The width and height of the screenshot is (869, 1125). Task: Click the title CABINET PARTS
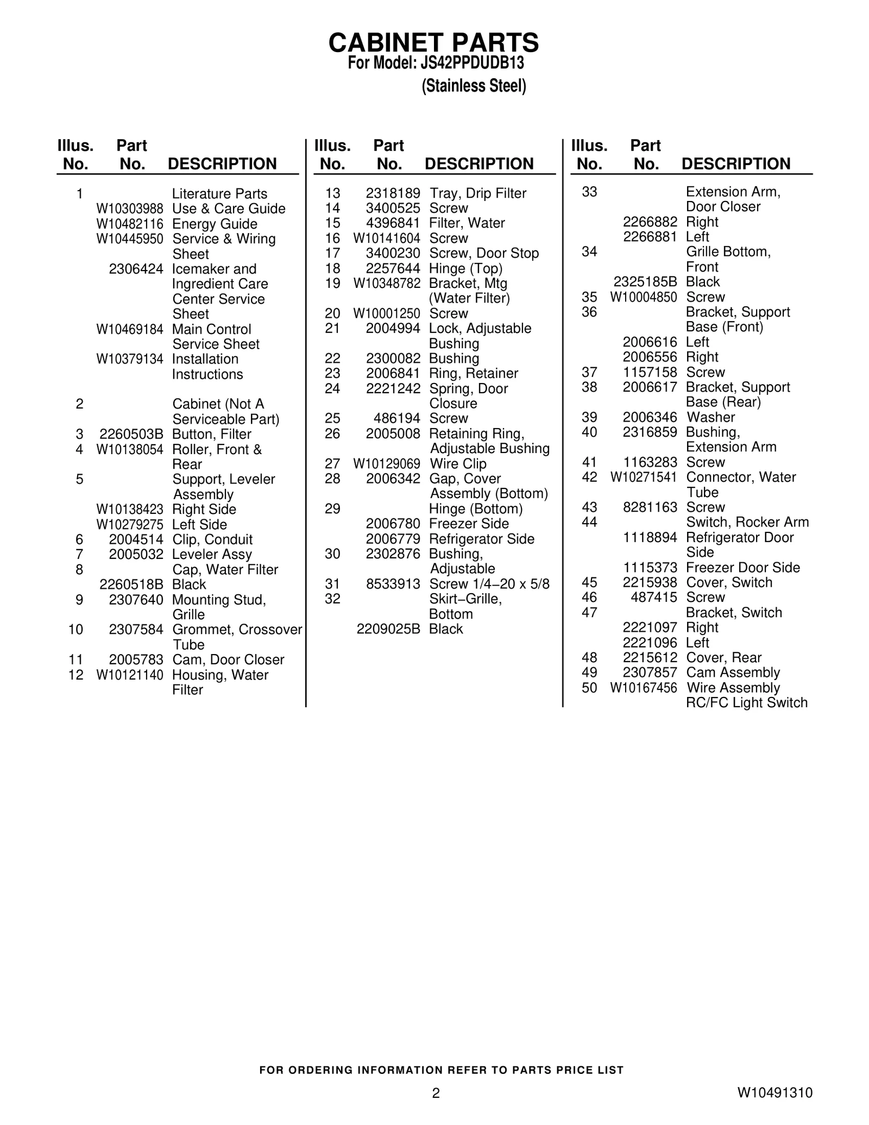tap(433, 42)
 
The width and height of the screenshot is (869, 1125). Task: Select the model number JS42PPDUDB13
tap(472, 64)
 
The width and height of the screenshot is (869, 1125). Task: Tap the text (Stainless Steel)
tap(474, 86)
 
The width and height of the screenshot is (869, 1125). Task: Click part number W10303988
tap(130, 209)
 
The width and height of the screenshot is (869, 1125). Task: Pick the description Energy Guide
tap(215, 224)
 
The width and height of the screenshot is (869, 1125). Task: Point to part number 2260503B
tap(131, 435)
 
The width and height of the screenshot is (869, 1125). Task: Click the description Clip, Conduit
tap(212, 539)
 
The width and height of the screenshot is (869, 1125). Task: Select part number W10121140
tap(130, 675)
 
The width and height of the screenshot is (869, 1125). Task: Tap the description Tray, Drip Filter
tap(478, 193)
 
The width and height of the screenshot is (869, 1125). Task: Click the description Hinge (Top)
tap(466, 268)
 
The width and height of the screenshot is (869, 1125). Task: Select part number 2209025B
tap(388, 629)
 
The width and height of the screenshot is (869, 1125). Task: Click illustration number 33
tap(589, 192)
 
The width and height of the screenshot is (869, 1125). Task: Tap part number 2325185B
tap(645, 282)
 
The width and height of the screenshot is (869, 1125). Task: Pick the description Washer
tap(711, 417)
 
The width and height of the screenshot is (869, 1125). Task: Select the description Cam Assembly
tap(733, 673)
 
